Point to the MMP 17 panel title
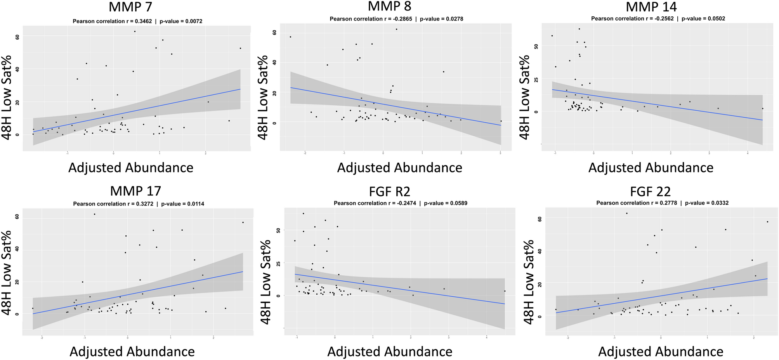[x=135, y=191]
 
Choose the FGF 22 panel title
[x=651, y=191]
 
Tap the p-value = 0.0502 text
[x=703, y=18]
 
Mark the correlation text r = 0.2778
[x=637, y=203]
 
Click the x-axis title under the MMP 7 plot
[x=131, y=168]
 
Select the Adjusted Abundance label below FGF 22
[x=661, y=351]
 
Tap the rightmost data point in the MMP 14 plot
[x=762, y=109]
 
